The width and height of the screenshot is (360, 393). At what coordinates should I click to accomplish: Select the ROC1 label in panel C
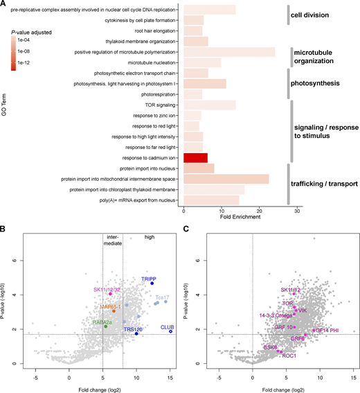click(289, 356)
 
